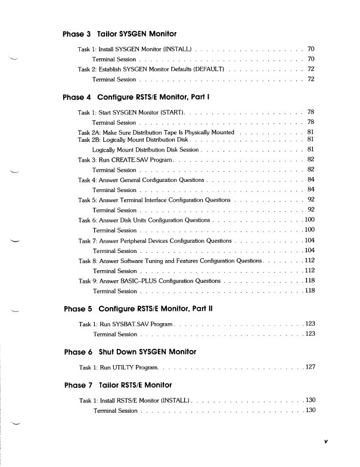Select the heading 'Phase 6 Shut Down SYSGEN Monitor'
point(130,351)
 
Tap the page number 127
point(310,367)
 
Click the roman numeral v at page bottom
point(325,442)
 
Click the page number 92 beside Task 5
point(311,200)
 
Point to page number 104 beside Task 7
point(310,240)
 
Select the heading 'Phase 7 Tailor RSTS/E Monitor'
point(117,385)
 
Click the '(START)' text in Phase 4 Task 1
point(174,112)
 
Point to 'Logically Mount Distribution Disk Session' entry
point(145,149)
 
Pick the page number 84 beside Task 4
point(311,180)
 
